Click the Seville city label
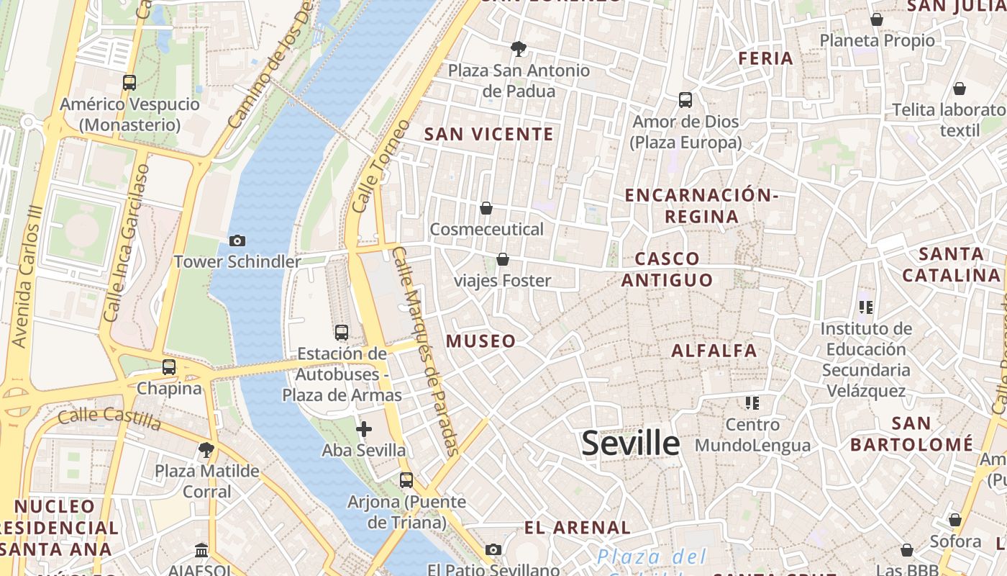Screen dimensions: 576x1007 630,443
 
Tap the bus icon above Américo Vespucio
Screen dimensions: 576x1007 129,83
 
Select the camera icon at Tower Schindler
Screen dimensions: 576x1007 237,240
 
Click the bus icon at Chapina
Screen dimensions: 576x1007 169,367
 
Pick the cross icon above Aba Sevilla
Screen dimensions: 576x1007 364,430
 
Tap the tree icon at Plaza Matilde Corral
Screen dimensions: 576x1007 206,451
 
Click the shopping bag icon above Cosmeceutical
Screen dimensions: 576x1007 486,208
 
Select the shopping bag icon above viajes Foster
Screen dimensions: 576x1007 503,259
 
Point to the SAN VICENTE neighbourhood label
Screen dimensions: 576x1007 489,134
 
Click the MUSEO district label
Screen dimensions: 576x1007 481,341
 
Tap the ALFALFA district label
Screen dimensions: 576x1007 714,351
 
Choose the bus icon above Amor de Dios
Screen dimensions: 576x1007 685,100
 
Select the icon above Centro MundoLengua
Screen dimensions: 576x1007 752,403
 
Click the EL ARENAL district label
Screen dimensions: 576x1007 578,528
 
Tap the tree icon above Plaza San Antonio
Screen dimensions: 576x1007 518,49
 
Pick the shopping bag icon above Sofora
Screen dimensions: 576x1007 955,520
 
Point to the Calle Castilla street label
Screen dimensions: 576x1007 109,416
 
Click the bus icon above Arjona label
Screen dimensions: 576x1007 406,480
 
